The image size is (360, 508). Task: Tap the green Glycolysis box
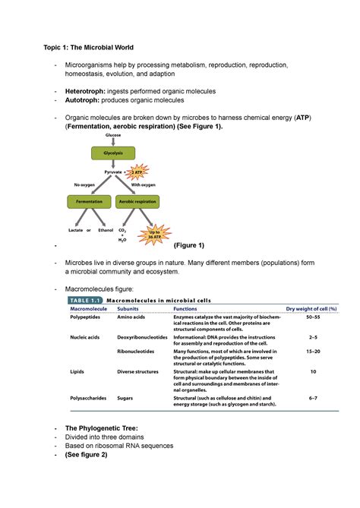coord(108,153)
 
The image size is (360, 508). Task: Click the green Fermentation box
coord(88,201)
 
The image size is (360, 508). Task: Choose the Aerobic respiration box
coord(137,201)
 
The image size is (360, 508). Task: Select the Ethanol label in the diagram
coord(106,229)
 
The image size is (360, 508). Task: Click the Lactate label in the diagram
coord(76,229)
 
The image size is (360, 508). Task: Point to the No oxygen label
coord(85,185)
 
